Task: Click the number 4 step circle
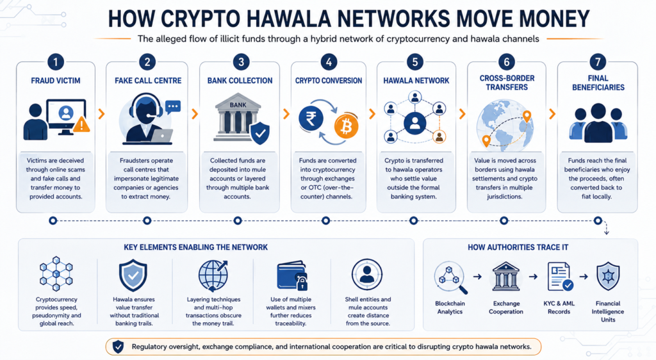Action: point(329,62)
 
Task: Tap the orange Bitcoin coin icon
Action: point(346,126)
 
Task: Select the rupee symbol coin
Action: point(311,119)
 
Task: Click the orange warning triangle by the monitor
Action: point(82,125)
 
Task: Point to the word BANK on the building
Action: point(238,104)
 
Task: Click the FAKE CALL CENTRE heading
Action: point(148,81)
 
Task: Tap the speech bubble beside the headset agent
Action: point(173,107)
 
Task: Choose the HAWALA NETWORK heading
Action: point(416,81)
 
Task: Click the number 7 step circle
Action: point(598,62)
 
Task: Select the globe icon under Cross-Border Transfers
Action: point(505,124)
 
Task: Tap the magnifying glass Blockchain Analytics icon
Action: point(450,277)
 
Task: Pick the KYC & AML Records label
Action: point(559,307)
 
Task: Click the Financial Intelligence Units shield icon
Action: point(608,276)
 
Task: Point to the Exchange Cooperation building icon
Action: point(506,276)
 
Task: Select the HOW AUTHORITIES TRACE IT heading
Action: point(518,247)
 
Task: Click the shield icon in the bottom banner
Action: point(119,347)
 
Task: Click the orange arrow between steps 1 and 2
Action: point(101,114)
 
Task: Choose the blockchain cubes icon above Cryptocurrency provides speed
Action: point(56,274)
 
